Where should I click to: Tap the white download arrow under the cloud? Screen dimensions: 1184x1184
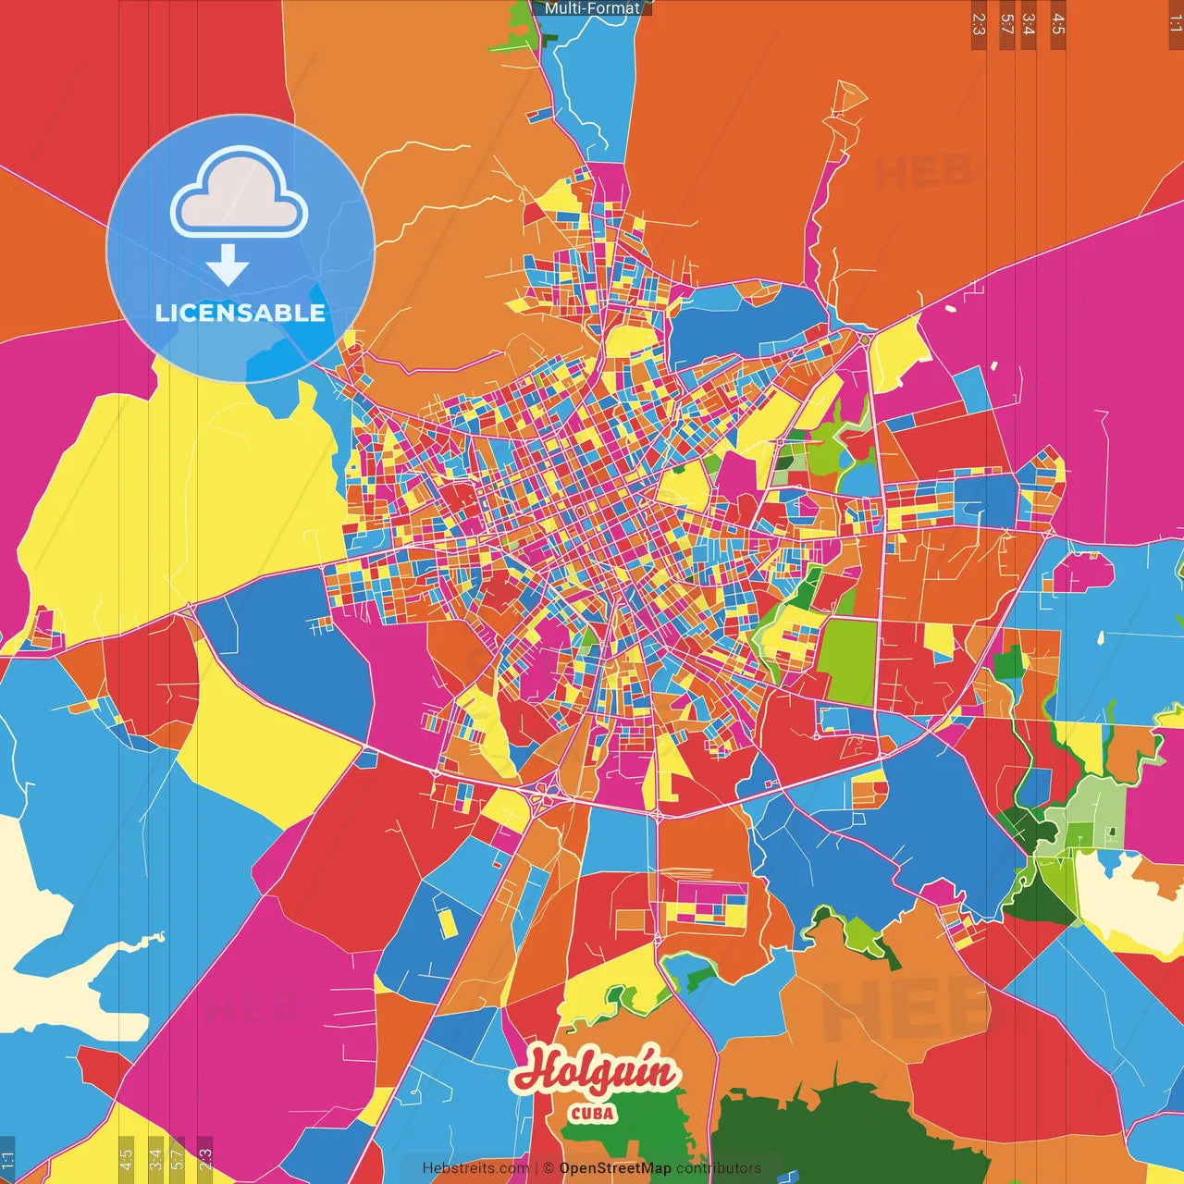pos(228,265)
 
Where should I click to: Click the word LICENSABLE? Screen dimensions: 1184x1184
pos(240,313)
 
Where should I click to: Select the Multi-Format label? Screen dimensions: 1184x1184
pos(592,8)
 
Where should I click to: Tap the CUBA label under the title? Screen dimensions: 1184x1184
pos(592,1113)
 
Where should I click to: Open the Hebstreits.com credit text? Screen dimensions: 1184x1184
pos(475,1168)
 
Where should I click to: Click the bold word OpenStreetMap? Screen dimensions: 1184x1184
pos(615,1168)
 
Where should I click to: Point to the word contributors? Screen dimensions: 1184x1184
pos(719,1168)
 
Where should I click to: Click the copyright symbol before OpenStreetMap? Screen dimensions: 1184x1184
pos(548,1168)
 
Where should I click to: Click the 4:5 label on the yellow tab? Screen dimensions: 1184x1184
pos(126,1158)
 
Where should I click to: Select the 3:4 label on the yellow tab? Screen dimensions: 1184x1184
pos(155,1158)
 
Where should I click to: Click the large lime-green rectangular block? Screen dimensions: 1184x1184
pos(847,660)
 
